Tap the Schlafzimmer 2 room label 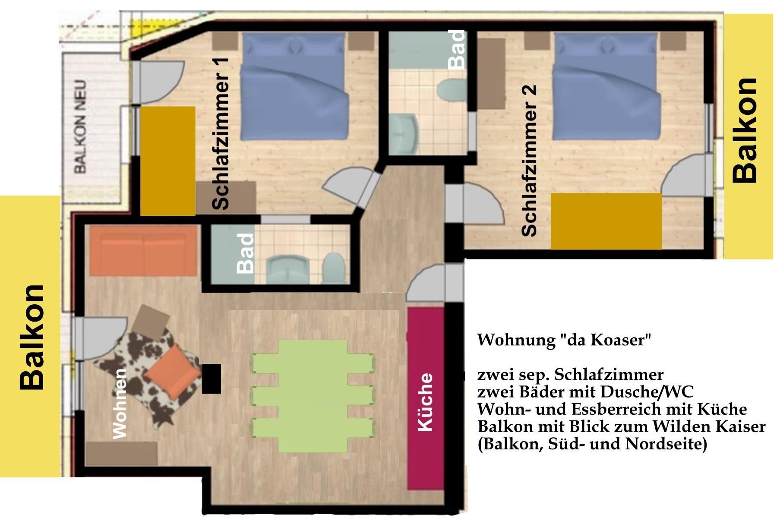tap(529, 161)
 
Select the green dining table tap(313, 396)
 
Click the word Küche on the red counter tap(425, 402)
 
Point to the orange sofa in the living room tap(144, 251)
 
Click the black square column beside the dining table tap(212, 379)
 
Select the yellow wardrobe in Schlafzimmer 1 tap(168, 161)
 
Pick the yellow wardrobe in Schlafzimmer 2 tap(606, 221)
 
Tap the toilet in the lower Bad tap(333, 267)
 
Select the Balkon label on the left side tap(32, 337)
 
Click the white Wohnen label tap(119, 404)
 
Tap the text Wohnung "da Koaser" tap(564, 340)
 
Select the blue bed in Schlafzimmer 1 tap(294, 88)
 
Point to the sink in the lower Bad tap(287, 269)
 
